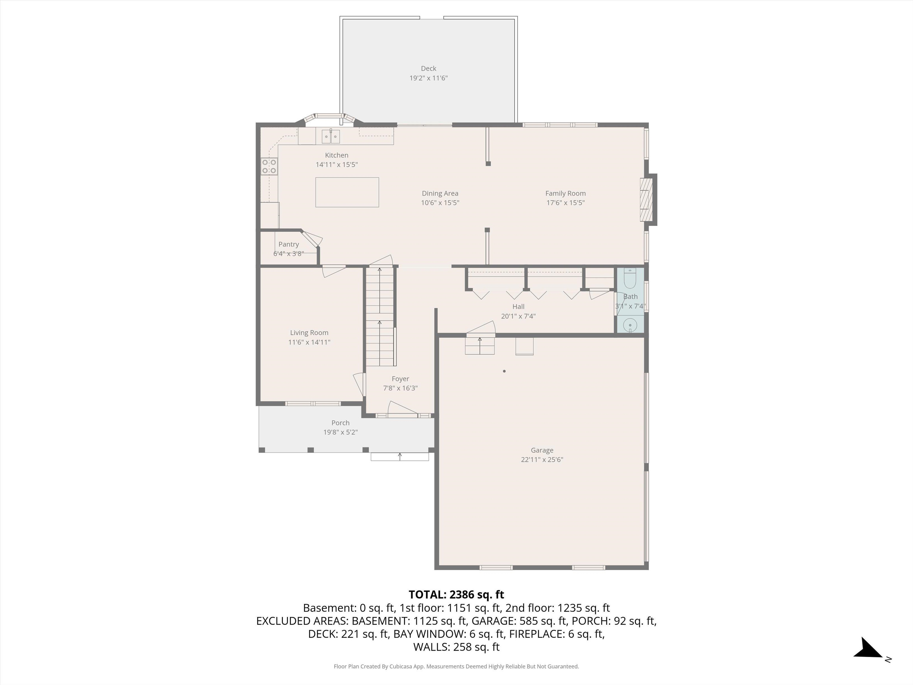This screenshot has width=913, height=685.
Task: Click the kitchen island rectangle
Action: click(x=347, y=192)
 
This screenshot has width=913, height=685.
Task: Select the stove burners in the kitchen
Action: click(x=269, y=166)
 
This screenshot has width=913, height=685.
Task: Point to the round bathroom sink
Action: click(x=630, y=325)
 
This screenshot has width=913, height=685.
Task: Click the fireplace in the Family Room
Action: click(x=646, y=200)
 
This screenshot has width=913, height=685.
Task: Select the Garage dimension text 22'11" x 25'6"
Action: click(x=541, y=460)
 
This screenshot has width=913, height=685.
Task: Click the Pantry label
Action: click(x=289, y=244)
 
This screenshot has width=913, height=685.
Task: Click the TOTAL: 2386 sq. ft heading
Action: click(x=456, y=595)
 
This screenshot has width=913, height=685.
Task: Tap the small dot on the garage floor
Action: click(x=504, y=371)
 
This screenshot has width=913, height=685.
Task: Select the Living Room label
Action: click(x=309, y=333)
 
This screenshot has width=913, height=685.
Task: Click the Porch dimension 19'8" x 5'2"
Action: click(x=340, y=432)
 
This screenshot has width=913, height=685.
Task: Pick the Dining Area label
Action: click(x=440, y=193)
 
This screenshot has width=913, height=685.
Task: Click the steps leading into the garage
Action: click(x=480, y=345)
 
